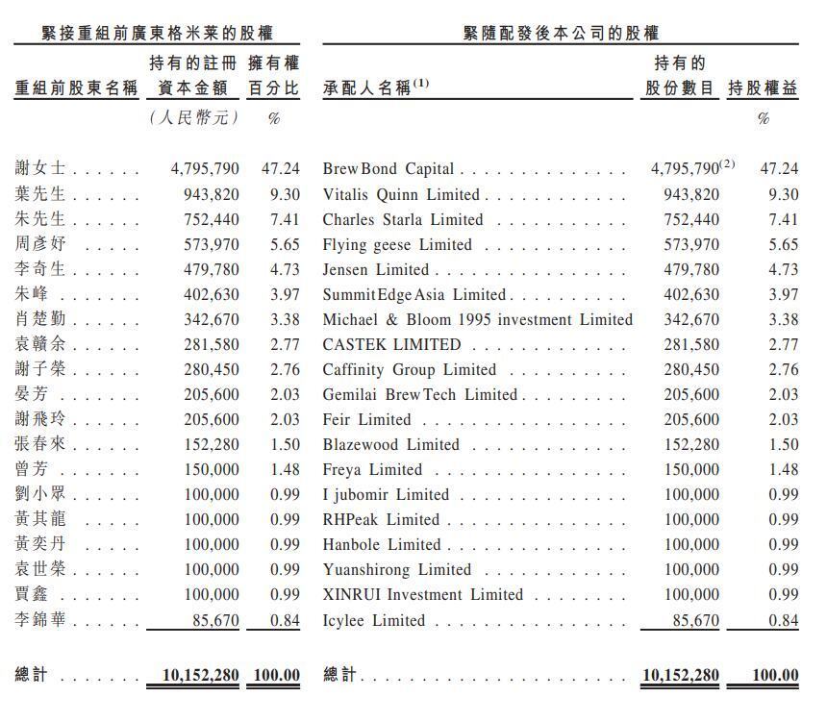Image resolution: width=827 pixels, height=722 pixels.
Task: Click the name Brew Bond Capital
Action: tap(388, 169)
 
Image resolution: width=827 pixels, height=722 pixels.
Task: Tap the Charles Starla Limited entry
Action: tap(403, 219)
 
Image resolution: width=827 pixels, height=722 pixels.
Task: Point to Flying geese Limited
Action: tap(397, 244)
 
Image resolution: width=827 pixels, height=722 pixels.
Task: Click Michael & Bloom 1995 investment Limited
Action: tap(477, 319)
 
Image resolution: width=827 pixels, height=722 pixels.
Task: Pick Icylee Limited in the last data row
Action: tap(372, 621)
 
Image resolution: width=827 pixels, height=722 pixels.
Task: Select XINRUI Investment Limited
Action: tap(422, 594)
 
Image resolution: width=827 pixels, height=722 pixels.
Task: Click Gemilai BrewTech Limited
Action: tap(420, 394)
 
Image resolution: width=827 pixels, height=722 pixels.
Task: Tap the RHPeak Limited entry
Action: tap(381, 519)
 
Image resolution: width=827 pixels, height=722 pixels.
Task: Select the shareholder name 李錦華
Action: tap(41, 621)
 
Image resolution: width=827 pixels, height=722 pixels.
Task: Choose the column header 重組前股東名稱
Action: tap(76, 88)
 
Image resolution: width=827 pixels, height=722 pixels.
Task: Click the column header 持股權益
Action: tap(763, 88)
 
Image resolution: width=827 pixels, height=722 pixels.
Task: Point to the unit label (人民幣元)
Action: tap(193, 118)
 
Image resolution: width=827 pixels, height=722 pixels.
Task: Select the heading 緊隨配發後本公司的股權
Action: tap(561, 33)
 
